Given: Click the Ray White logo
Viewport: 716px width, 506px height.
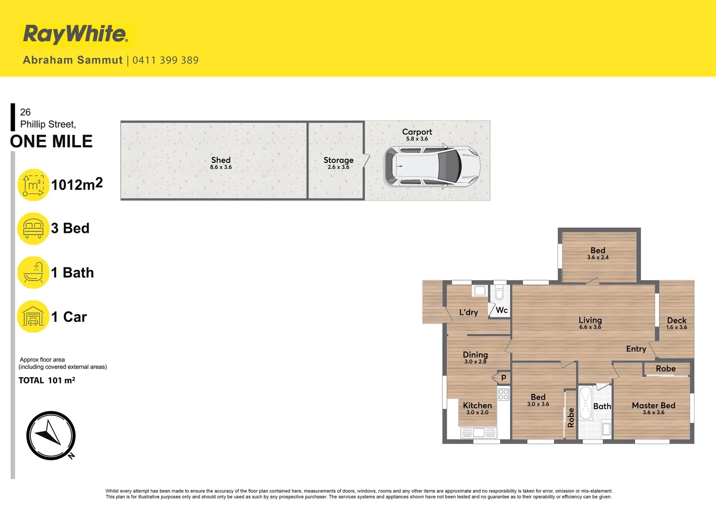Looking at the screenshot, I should tap(75, 34).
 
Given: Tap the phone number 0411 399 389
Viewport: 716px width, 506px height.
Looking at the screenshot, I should tap(165, 60).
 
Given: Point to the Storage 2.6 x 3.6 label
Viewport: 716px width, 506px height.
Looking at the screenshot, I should tap(338, 163).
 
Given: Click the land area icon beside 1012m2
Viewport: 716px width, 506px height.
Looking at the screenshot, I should tap(33, 185).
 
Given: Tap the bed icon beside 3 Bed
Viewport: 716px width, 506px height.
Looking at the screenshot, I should tap(33, 229).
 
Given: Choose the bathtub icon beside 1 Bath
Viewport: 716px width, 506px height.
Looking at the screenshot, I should tap(33, 273).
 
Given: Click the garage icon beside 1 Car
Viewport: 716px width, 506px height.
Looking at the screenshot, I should tap(33, 317).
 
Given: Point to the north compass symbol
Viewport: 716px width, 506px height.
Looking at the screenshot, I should tap(51, 436).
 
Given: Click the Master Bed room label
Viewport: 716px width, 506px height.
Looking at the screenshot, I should tap(653, 408).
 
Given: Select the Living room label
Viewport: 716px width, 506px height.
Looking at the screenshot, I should tap(590, 322).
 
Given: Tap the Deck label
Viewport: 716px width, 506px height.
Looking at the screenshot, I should tap(677, 323).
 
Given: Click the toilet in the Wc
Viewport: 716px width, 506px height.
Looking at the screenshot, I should tap(500, 293).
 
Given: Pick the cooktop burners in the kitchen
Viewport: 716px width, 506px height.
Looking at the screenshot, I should tap(504, 394).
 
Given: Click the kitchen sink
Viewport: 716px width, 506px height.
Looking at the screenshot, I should tap(479, 433).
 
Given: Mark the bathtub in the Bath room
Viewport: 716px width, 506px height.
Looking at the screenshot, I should tap(586, 403).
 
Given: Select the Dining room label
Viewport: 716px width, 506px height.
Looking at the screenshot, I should tap(475, 357).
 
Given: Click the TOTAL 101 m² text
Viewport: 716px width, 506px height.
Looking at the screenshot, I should tap(47, 380).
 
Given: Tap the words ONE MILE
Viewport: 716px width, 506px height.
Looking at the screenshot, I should tap(52, 141).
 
